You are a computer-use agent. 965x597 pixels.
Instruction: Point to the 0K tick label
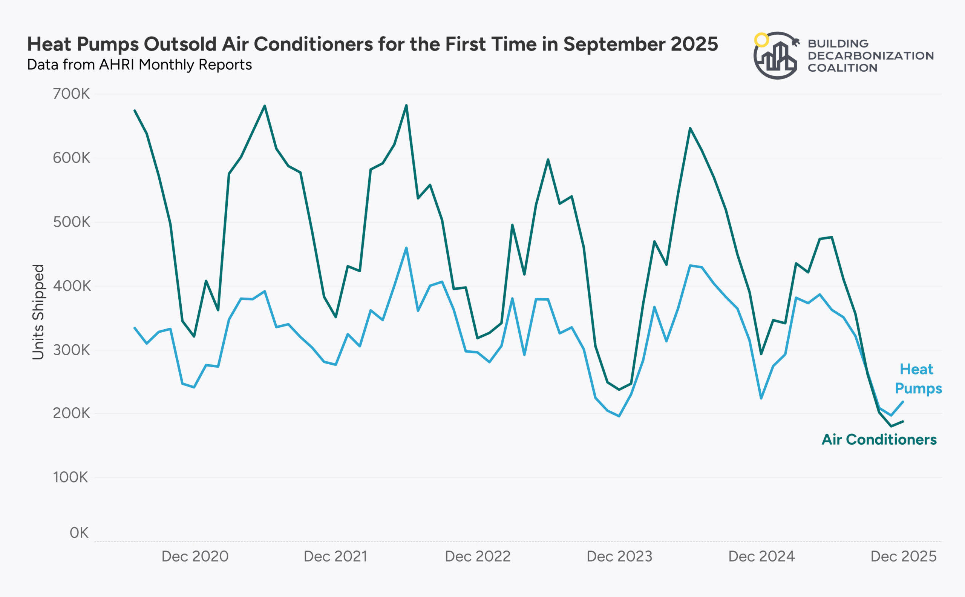[79, 533]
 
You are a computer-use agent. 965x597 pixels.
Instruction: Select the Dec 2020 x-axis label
[195, 556]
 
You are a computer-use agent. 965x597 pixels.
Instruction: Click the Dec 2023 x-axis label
[619, 556]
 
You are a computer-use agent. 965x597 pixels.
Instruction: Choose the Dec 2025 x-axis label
[904, 556]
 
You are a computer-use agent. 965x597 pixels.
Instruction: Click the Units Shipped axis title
[38, 312]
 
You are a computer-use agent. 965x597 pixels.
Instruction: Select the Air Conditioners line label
[879, 439]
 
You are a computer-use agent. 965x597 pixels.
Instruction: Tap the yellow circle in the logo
[761, 40]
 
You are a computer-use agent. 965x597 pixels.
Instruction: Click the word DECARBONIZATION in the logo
[871, 56]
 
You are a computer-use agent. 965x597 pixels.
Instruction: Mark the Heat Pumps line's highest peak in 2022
[406, 247]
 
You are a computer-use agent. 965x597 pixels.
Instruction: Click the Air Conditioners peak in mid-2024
[690, 128]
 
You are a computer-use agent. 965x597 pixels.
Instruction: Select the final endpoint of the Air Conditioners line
[903, 422]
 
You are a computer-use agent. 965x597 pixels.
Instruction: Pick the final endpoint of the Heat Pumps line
[903, 402]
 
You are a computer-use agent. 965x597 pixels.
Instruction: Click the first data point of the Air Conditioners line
[135, 110]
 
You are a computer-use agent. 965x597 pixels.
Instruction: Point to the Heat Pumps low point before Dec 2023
[619, 416]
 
